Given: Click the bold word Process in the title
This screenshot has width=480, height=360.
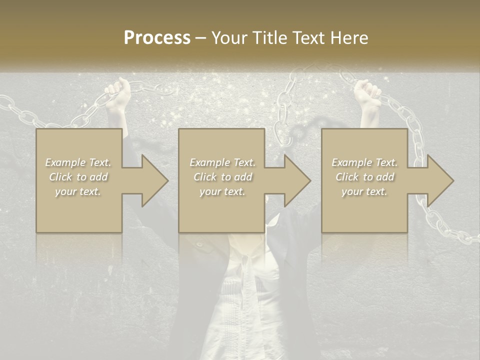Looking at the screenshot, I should pyautogui.click(x=157, y=38).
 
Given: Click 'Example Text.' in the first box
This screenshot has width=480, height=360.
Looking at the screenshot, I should pyautogui.click(x=78, y=162).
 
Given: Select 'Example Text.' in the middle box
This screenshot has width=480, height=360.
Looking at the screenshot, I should pyautogui.click(x=222, y=162).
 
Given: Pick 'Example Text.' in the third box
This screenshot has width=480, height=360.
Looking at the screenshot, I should pyautogui.click(x=364, y=162).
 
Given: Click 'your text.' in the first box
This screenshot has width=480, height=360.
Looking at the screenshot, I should pyautogui.click(x=78, y=191).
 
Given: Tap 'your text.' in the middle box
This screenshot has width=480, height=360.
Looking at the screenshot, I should pyautogui.click(x=222, y=191).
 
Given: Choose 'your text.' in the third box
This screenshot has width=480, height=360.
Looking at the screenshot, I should pyautogui.click(x=364, y=191).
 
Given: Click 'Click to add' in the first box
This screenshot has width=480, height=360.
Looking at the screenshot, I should pyautogui.click(x=78, y=177).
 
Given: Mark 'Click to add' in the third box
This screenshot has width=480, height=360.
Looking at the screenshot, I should pyautogui.click(x=364, y=177).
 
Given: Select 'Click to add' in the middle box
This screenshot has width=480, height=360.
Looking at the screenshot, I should pyautogui.click(x=222, y=177).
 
